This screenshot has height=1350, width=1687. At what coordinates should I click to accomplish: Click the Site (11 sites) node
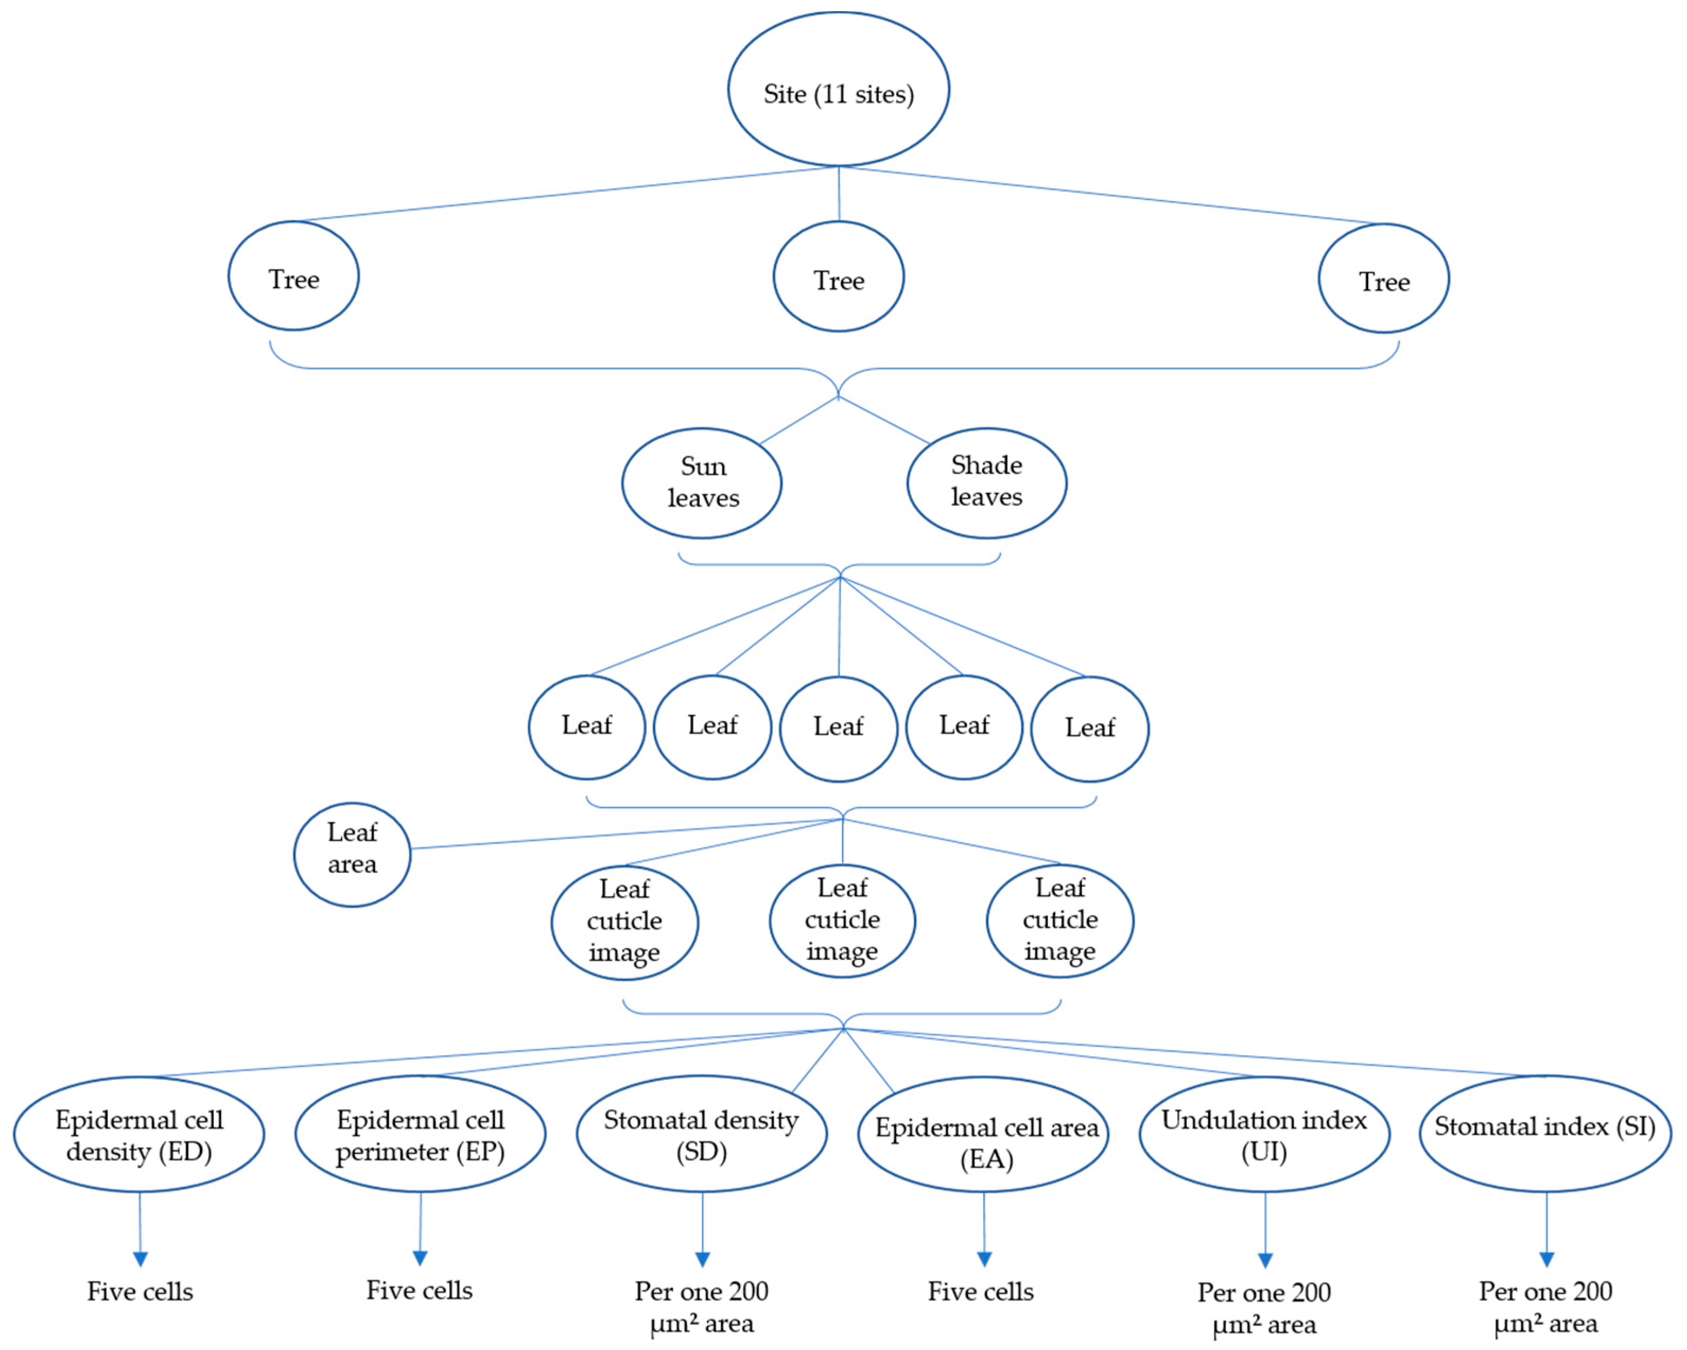tap(838, 89)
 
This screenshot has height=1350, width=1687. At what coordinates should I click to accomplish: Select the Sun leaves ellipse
tap(701, 483)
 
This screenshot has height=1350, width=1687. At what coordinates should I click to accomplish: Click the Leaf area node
tap(352, 854)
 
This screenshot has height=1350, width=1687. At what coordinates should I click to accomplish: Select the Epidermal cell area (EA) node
tap(983, 1135)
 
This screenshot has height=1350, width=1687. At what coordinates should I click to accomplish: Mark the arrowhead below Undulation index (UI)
tap(1265, 1260)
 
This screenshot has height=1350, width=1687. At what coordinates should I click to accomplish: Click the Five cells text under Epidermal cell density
tap(140, 1291)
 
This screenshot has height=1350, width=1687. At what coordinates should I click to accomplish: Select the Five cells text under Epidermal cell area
tap(980, 1291)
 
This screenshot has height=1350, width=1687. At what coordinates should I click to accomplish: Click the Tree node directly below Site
tap(838, 276)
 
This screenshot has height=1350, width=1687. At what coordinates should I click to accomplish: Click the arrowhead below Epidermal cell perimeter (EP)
tap(420, 1258)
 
